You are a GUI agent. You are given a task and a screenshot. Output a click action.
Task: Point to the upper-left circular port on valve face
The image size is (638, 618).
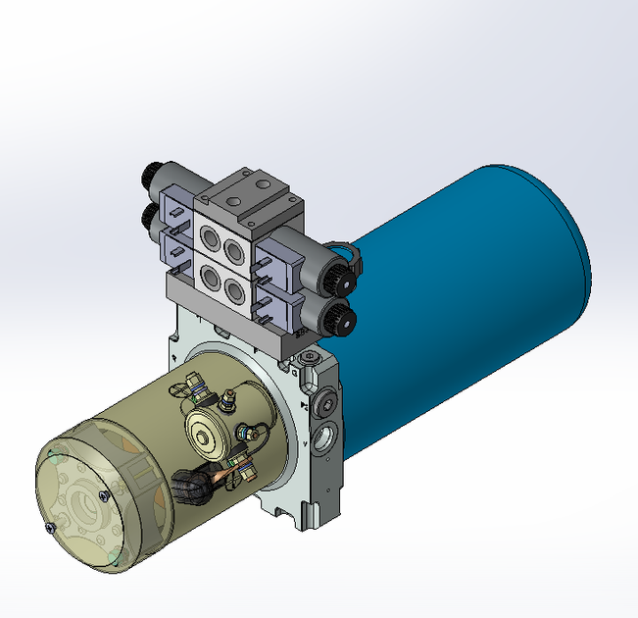pyautogui.click(x=211, y=237)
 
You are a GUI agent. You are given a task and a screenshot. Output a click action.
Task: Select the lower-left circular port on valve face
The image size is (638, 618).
pyautogui.click(x=208, y=275)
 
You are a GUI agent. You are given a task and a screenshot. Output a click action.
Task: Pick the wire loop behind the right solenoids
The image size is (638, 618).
pyautogui.click(x=344, y=250)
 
